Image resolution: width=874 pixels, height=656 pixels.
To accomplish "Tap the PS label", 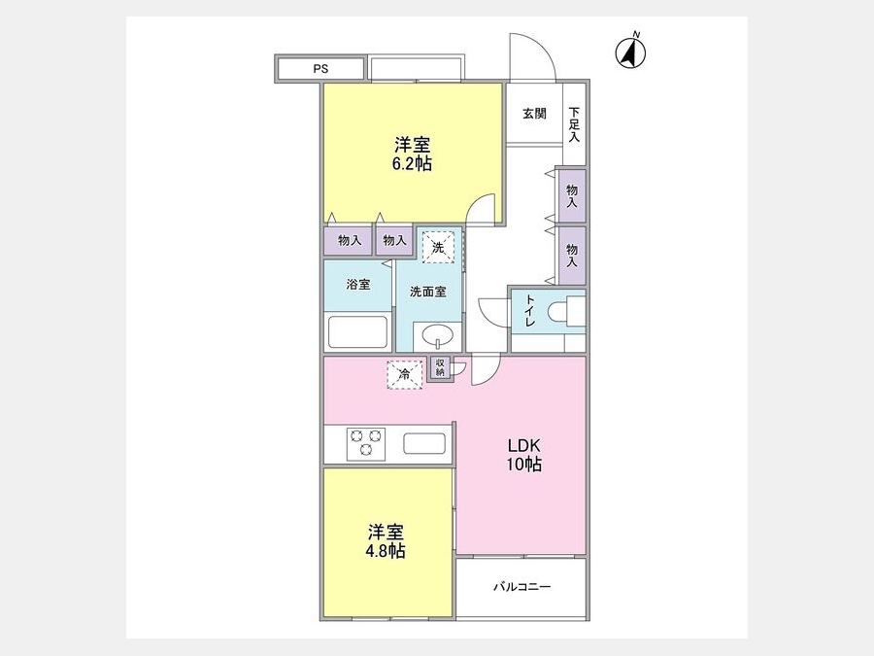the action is pos(320,69).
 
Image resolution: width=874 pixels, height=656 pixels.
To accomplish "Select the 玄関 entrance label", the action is pos(534,114).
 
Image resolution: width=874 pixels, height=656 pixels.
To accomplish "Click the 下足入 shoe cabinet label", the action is pos(574,124).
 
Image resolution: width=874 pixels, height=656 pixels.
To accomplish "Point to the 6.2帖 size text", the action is pos(412,163).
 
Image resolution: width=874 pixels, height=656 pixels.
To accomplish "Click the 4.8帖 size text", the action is pos(386,551).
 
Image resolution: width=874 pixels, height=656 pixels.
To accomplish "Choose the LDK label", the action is pos(524,446).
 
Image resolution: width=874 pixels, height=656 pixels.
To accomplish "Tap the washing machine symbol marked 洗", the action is pos(438,247).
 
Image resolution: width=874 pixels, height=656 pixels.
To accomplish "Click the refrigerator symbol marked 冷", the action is pos(405,374).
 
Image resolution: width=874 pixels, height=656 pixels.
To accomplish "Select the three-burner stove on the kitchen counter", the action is pos(366,443).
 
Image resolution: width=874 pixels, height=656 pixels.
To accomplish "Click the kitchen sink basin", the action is pos(424,444).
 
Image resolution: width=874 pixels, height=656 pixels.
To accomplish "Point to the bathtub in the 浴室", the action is pos(357,332).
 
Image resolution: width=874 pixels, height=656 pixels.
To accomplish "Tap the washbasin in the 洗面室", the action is pos(438,336).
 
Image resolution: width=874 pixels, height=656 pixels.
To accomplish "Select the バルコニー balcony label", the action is pos(521,587).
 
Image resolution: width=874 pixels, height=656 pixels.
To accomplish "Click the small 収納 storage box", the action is pos(440,368).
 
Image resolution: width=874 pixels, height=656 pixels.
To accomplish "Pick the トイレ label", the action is pos(529,311).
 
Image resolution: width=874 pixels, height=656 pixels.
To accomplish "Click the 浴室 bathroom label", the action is pos(357,284).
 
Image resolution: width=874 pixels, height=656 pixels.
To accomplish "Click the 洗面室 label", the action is pos(428,292).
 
